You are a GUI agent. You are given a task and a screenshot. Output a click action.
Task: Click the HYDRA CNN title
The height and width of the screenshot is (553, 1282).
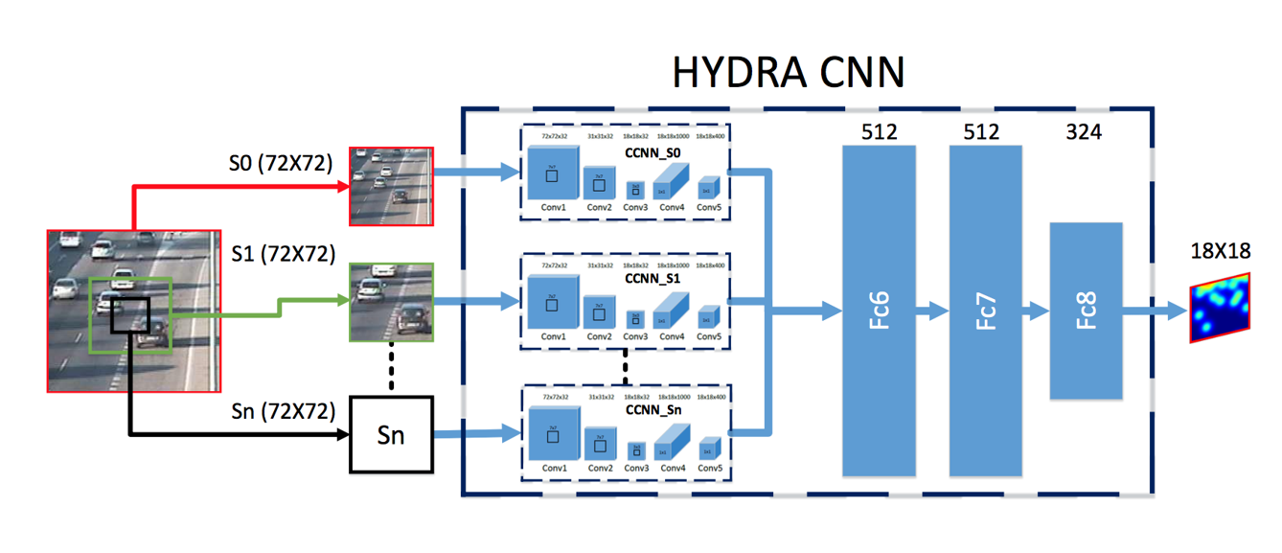coord(788,72)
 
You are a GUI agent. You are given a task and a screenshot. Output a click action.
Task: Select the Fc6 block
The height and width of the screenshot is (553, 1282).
coord(880,311)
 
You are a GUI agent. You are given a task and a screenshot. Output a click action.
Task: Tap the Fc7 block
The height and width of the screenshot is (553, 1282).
coord(986,311)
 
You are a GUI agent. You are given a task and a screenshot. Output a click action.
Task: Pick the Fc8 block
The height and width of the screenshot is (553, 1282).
coord(1086,311)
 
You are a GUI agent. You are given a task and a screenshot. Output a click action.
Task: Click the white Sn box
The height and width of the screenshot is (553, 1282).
coord(391,434)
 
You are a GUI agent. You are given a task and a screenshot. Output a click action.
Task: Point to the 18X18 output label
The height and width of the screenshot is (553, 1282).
coord(1219,252)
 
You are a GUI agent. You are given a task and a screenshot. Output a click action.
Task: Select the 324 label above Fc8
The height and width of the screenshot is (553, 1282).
coord(1084,132)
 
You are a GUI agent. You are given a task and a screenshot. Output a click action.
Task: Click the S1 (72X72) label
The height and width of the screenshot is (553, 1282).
coord(283,254)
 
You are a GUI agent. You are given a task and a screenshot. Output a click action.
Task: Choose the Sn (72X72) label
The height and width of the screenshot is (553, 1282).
coord(283,411)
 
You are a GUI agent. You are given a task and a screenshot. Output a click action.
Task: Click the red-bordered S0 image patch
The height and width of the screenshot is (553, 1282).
coord(392,186)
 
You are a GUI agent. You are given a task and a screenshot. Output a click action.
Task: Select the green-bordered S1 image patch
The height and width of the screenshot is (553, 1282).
coord(392,302)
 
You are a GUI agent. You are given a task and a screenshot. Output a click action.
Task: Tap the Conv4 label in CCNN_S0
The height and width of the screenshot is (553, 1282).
coord(673,207)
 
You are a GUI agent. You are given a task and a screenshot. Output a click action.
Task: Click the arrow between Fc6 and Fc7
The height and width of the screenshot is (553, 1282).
coord(932,311)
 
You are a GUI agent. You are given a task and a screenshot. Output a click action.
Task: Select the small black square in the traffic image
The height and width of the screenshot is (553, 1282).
coord(129,315)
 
